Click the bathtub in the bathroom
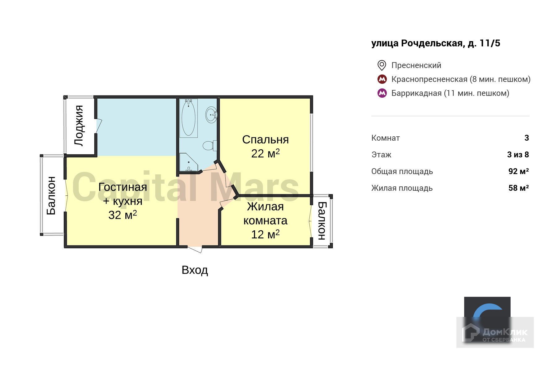pos(188,118)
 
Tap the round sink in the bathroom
pos(211,115)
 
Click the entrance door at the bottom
pos(195,249)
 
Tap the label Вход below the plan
pos(195,270)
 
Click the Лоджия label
pos(79,126)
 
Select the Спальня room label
pos(265,140)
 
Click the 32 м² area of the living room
pos(123,215)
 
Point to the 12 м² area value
pos(265,235)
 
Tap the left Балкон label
pos(51,195)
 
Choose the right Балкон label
pos(322,221)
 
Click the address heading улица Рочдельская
pos(435,43)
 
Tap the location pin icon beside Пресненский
pos(382,65)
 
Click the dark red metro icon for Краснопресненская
pos(382,79)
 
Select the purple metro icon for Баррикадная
pos(382,93)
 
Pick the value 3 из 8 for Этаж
pos(518,155)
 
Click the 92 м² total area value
pos(518,171)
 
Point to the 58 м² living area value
pos(518,188)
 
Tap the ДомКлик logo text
pos(504,333)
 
